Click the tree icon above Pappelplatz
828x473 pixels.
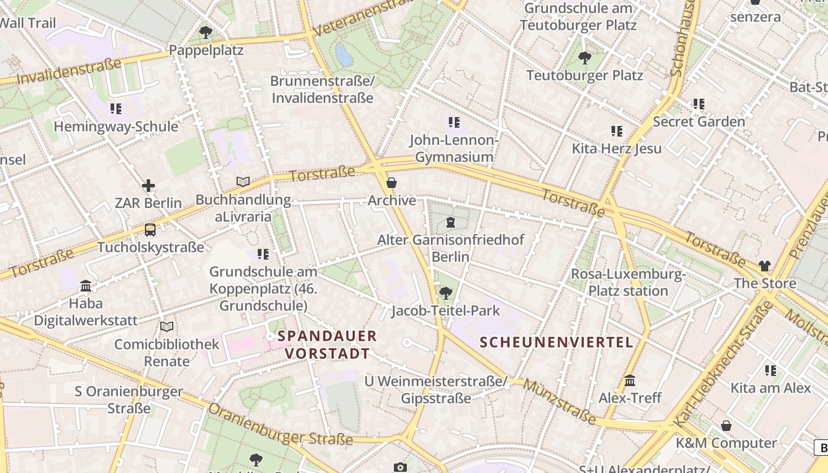pos(206,33)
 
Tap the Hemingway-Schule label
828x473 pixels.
pos(116,127)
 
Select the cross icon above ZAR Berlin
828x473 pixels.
pos(148,186)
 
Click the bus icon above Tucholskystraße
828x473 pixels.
pos(150,230)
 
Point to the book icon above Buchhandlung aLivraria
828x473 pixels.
pos(243,182)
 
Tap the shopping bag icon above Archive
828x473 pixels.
pos(391,183)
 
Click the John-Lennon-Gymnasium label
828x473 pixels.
pos(454,148)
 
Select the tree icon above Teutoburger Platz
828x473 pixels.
pos(585,58)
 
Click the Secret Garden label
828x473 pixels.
pos(699,122)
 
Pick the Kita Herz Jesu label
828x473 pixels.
pos(617,148)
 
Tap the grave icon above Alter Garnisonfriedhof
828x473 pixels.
pos(451,222)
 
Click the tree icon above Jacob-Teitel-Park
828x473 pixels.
pos(446,293)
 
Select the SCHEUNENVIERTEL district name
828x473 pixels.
pos(557,342)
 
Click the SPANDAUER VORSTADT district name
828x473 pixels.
pos(327,345)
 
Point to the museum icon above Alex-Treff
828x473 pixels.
pos(630,380)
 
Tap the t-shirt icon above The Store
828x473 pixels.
pos(765,266)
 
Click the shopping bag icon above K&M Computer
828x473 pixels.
pos(726,426)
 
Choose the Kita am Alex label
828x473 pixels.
pos(771,388)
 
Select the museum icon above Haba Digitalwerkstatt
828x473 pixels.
pos(86,286)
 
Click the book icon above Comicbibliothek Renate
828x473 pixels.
pos(167,326)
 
